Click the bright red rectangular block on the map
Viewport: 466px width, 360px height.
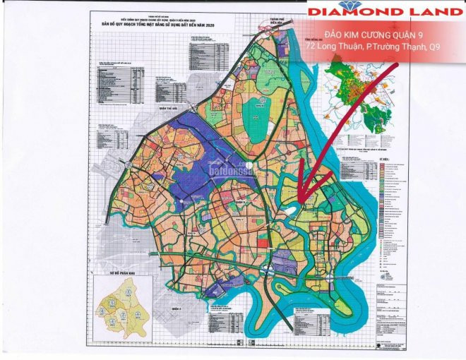pyautogui.click(x=263, y=243)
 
